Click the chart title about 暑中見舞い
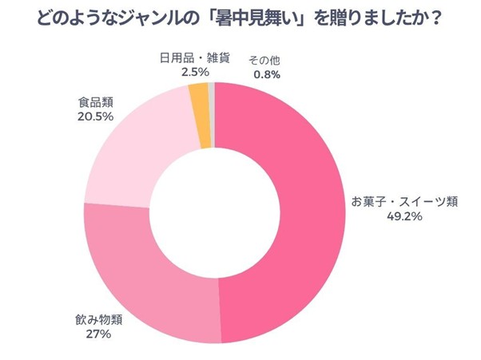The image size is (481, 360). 240,18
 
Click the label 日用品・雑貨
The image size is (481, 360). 185,58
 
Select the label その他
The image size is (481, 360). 263,61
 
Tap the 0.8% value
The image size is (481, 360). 265,75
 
